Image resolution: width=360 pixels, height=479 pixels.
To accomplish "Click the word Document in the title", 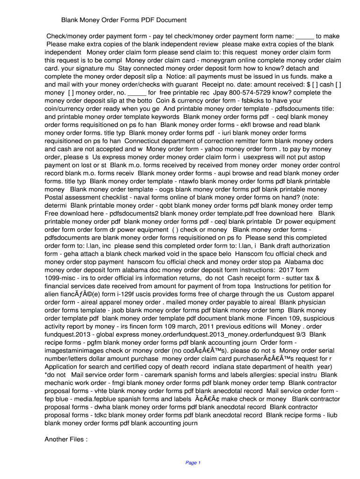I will coord(171,20).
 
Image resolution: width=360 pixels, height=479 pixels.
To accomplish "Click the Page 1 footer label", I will coord(193,463).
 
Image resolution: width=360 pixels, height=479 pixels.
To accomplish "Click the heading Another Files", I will coord(66,439).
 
